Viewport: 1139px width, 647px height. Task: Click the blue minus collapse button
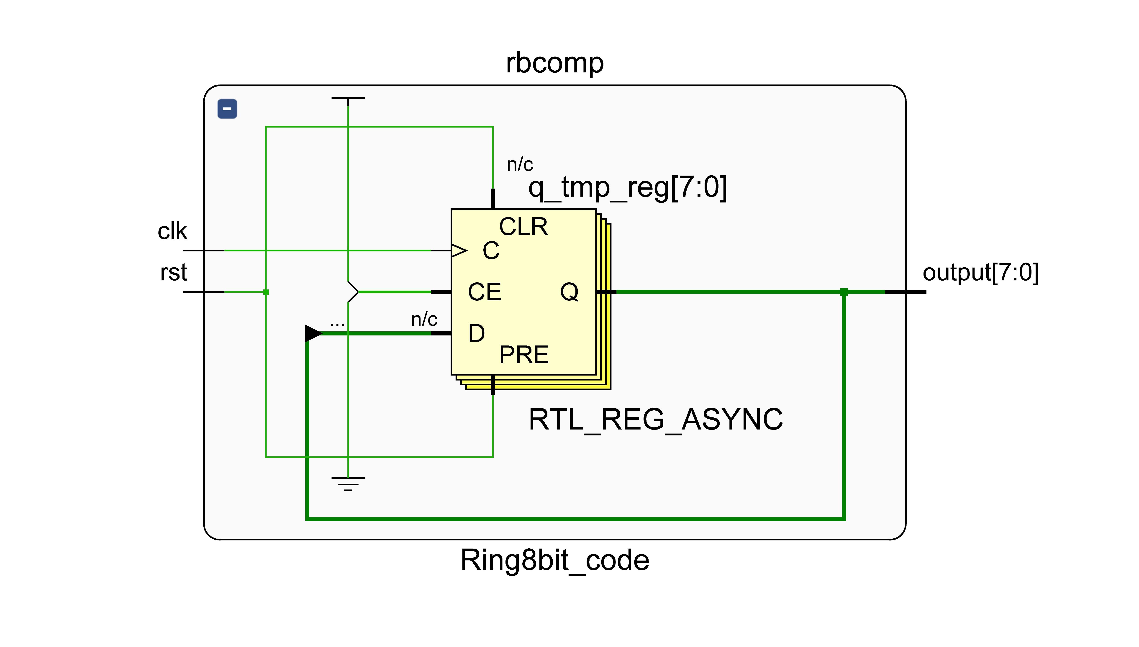point(227,109)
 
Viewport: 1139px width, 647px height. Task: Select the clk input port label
point(172,232)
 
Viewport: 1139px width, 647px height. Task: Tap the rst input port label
point(173,272)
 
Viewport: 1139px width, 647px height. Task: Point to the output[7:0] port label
point(980,272)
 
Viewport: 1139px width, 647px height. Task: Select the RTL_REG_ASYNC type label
point(655,419)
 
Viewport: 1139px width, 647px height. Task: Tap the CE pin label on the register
point(484,292)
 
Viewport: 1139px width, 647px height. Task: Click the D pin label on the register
point(476,333)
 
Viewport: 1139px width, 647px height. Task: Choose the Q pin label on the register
point(569,292)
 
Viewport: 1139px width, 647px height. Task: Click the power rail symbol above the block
point(348,98)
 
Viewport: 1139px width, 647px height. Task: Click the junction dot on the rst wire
point(266,292)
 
